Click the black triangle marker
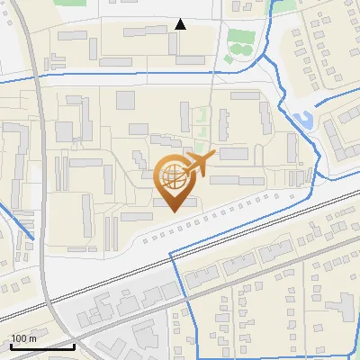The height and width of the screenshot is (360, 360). [x=180, y=24]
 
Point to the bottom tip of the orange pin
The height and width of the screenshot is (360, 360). [x=174, y=211]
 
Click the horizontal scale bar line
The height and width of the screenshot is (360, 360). [x=41, y=346]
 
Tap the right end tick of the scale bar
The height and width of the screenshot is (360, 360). [x=74, y=345]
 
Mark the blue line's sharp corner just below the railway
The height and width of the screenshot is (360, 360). [x=171, y=253]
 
